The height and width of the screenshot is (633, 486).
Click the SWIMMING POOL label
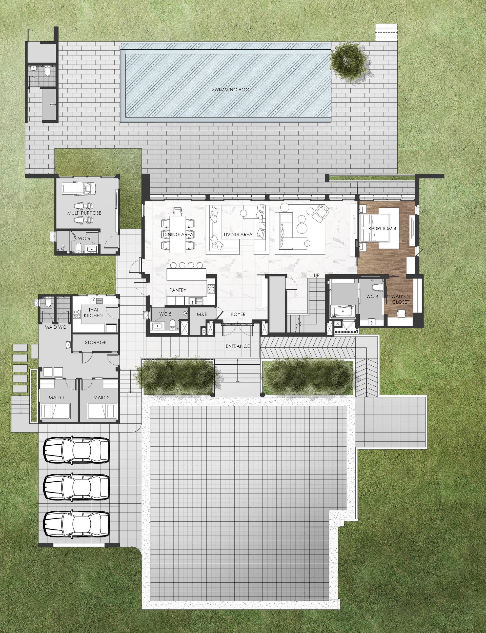click(x=232, y=90)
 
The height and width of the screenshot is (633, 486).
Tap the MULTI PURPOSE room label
click(x=84, y=213)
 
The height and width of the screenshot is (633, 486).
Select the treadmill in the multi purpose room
click(x=79, y=189)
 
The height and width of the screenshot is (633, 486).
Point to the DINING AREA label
click(x=178, y=234)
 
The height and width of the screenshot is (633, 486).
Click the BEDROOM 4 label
click(x=382, y=229)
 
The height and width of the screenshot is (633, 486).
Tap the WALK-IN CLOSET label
click(x=401, y=299)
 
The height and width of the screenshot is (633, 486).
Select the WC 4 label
click(x=372, y=296)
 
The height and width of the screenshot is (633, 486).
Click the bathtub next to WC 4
click(x=343, y=312)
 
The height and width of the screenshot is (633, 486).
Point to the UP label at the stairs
click(x=316, y=275)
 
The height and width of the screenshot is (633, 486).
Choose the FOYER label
click(x=238, y=314)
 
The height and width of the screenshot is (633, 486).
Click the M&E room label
click(x=202, y=314)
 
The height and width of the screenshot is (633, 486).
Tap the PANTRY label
click(x=178, y=290)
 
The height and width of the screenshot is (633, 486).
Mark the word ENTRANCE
click(x=238, y=346)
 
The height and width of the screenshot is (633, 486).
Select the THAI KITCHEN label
click(x=93, y=313)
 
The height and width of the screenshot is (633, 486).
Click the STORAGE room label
click(x=96, y=342)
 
